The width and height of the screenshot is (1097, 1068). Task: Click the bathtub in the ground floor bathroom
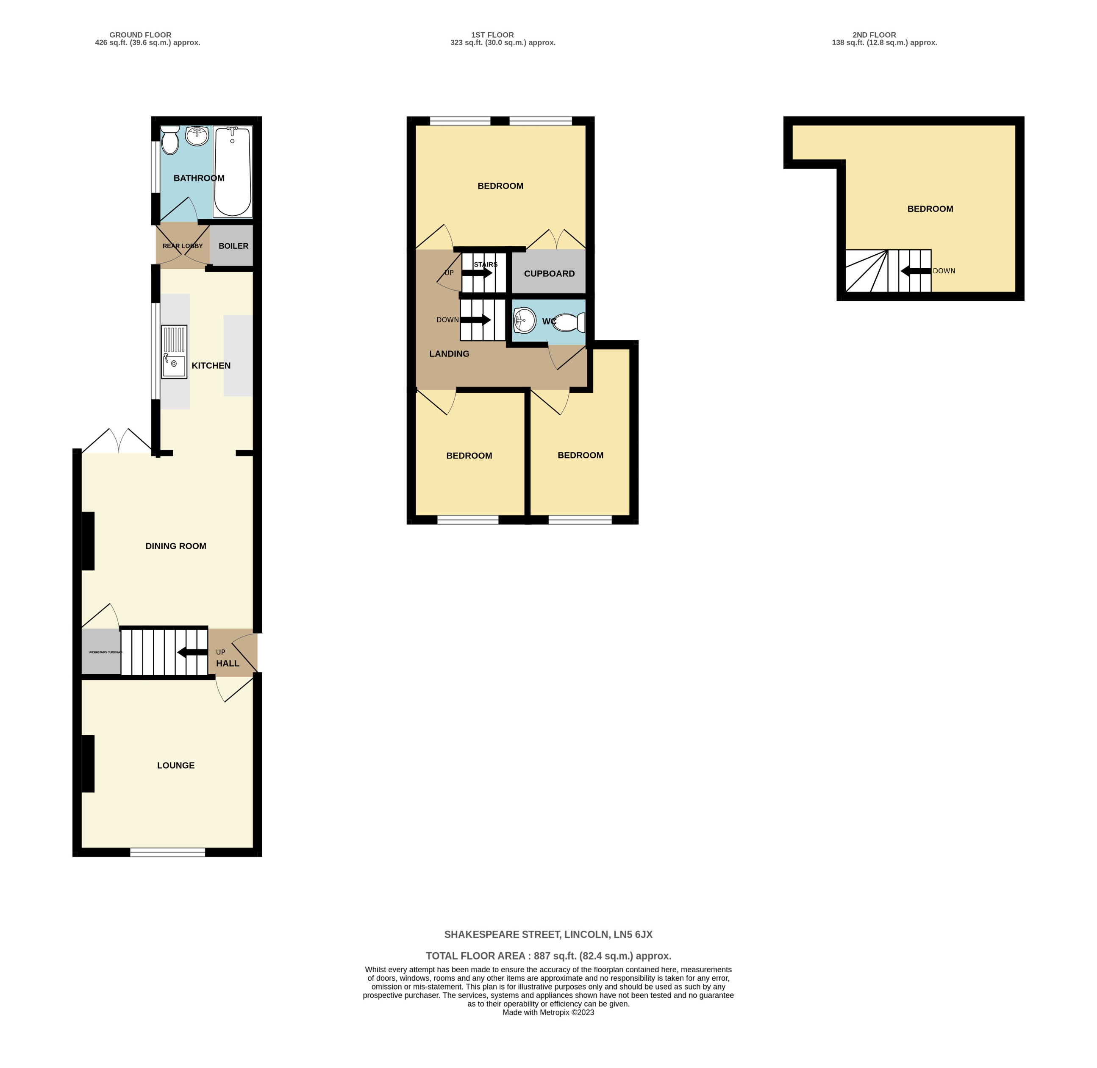[x=232, y=172]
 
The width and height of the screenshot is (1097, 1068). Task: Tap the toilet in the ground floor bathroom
[x=169, y=140]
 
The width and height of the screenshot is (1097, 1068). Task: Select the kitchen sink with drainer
[x=174, y=352]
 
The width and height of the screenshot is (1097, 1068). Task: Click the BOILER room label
[x=233, y=246]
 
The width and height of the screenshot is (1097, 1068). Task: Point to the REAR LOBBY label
[x=182, y=246]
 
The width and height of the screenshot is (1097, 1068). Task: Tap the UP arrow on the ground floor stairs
[x=192, y=652]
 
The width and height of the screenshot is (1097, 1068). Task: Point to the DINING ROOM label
[x=175, y=546]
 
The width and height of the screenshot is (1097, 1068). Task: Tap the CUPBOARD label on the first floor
[x=549, y=274]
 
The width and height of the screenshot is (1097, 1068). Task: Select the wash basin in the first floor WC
[x=525, y=320]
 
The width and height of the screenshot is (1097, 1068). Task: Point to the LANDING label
[x=449, y=353]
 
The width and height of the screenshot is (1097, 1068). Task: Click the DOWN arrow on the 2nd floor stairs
[x=915, y=271]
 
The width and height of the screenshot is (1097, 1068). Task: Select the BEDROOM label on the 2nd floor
[x=930, y=209]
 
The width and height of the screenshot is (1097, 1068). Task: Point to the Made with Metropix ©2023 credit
[x=548, y=1012]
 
